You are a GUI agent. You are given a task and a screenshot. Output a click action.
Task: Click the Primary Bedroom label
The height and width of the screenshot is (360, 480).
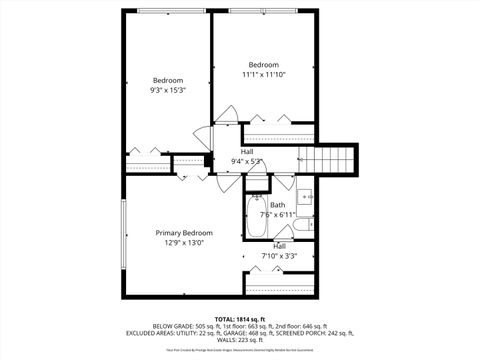coord(183,232)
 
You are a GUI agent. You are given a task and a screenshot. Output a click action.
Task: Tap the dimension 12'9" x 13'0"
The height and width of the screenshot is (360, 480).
coord(183,242)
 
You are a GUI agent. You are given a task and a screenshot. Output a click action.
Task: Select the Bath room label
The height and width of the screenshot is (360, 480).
coord(277,204)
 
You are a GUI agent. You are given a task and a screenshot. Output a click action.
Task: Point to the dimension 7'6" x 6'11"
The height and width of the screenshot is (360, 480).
coord(277,214)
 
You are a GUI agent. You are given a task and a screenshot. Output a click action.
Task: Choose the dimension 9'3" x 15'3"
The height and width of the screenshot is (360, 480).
coord(168,90)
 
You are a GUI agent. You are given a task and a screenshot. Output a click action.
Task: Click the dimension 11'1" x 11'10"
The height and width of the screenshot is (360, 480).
coord(264,73)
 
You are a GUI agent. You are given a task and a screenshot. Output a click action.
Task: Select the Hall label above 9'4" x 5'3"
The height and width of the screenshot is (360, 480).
coord(246,152)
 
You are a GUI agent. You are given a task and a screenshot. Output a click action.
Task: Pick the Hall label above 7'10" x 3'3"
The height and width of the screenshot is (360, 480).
coord(280,245)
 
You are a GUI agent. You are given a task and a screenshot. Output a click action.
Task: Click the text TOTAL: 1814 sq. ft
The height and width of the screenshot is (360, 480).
coord(239,316)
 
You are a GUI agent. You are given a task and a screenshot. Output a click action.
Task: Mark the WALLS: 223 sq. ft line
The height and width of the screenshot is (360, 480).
coord(239,340)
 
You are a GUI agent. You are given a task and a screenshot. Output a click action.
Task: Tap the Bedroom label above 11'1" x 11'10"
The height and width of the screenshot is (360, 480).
coord(264,63)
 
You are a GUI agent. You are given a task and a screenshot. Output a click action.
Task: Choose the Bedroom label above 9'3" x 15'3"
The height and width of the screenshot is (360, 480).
coord(168,80)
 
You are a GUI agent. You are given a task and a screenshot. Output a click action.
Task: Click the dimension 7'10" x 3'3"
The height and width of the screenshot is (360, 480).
coord(280,255)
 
